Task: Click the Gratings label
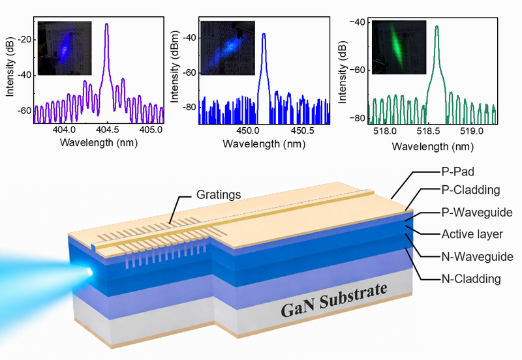(x=219, y=194)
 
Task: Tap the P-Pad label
(x=457, y=172)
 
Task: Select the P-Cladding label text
(x=470, y=190)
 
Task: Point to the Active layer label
(x=472, y=234)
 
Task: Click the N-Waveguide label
(x=477, y=256)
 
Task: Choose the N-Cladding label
(x=471, y=278)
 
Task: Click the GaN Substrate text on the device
(x=334, y=301)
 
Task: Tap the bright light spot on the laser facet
(x=89, y=271)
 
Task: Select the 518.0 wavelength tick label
(x=385, y=132)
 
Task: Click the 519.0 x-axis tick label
(x=471, y=132)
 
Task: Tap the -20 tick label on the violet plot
(x=25, y=40)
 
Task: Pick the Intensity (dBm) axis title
(x=175, y=67)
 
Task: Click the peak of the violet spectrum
(x=106, y=24)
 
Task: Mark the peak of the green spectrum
(x=437, y=26)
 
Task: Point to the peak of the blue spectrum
(x=264, y=34)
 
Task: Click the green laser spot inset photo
(x=399, y=47)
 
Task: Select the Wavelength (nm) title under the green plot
(x=433, y=146)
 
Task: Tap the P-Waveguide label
(x=477, y=212)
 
